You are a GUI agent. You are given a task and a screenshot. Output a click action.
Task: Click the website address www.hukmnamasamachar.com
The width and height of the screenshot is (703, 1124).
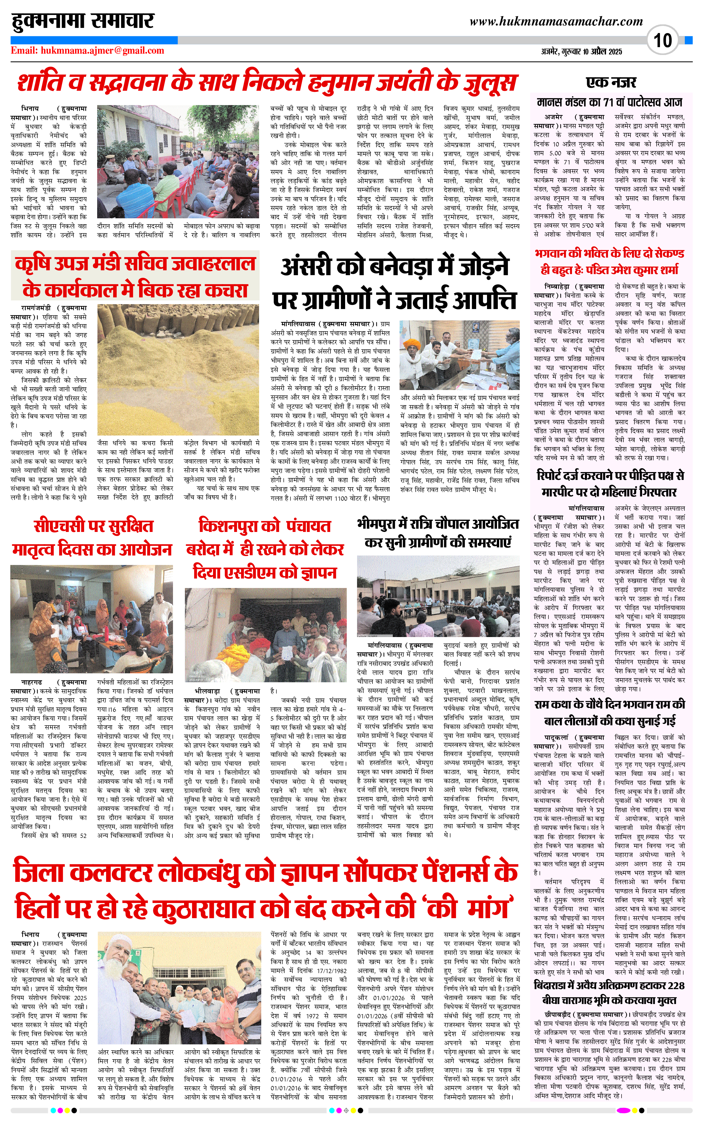(556, 21)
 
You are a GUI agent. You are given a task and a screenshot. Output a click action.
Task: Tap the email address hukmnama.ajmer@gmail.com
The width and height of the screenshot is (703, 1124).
(102, 51)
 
